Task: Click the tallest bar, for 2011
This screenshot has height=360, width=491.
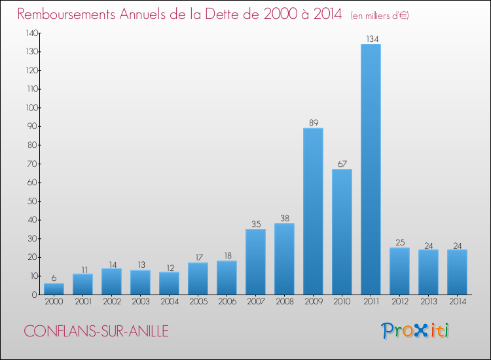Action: [x=371, y=170]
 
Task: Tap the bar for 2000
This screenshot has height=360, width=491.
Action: [x=54, y=289]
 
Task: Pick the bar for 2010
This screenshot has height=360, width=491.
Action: [x=342, y=232]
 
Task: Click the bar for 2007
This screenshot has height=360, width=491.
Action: [x=255, y=262]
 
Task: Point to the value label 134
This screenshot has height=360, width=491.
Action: [x=371, y=39]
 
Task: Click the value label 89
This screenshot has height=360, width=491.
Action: [x=313, y=122]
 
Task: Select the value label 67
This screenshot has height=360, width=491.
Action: [x=342, y=164]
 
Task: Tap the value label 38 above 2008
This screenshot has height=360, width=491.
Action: [x=284, y=218]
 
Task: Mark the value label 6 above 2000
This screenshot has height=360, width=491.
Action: [x=54, y=278]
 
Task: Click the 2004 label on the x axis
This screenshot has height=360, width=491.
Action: [x=169, y=301]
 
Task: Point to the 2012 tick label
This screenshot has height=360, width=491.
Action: [x=399, y=301]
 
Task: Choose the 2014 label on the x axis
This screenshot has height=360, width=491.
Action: [x=457, y=301]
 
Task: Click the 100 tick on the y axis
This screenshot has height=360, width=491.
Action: [x=32, y=107]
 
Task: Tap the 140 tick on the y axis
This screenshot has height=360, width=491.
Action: [x=32, y=33]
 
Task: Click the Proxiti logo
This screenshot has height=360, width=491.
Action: [x=416, y=331]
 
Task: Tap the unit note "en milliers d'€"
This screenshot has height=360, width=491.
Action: [x=380, y=15]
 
